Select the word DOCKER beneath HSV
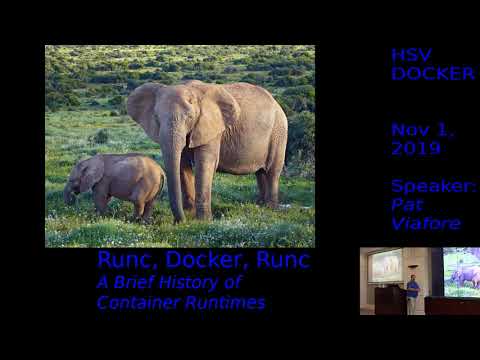432,73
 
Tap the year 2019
416,148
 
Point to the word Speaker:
434,187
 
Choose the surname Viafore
421,222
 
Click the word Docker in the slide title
199,261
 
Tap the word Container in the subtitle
133,302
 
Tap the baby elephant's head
85,174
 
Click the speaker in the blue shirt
413,292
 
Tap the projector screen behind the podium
385,265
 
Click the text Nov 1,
422,130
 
